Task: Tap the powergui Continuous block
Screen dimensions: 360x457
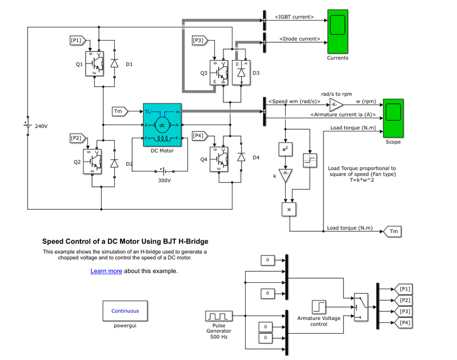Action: coord(125,311)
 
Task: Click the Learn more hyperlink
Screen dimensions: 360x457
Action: coord(106,271)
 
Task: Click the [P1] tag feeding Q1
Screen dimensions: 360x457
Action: coord(77,40)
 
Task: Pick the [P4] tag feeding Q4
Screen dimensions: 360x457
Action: coord(198,135)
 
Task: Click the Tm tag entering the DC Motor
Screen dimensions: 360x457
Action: coord(119,111)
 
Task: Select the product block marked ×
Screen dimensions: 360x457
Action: coord(288,210)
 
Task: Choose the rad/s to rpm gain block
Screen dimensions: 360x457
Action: coord(336,105)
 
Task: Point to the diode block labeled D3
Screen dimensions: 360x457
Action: coord(241,73)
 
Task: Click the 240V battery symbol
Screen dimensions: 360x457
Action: coord(27,124)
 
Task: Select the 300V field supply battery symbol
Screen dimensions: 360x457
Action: coord(165,170)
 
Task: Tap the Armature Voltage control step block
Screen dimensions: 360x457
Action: coord(319,308)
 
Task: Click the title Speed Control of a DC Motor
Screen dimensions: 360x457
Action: coord(125,242)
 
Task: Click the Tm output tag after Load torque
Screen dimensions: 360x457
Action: coord(392,231)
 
